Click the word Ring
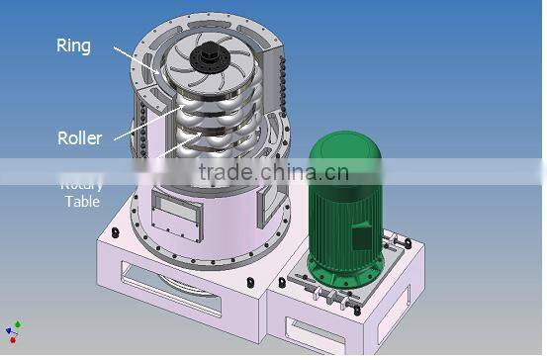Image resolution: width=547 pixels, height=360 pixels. tap(73, 45)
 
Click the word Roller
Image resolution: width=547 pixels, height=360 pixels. tap(80, 138)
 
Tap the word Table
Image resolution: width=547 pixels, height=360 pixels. tap(83, 202)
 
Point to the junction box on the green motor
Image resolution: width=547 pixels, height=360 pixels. tap(361, 237)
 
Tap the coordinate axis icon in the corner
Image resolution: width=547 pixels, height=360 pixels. tap(13, 331)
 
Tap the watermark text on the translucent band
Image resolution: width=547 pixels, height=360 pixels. tap(273, 173)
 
